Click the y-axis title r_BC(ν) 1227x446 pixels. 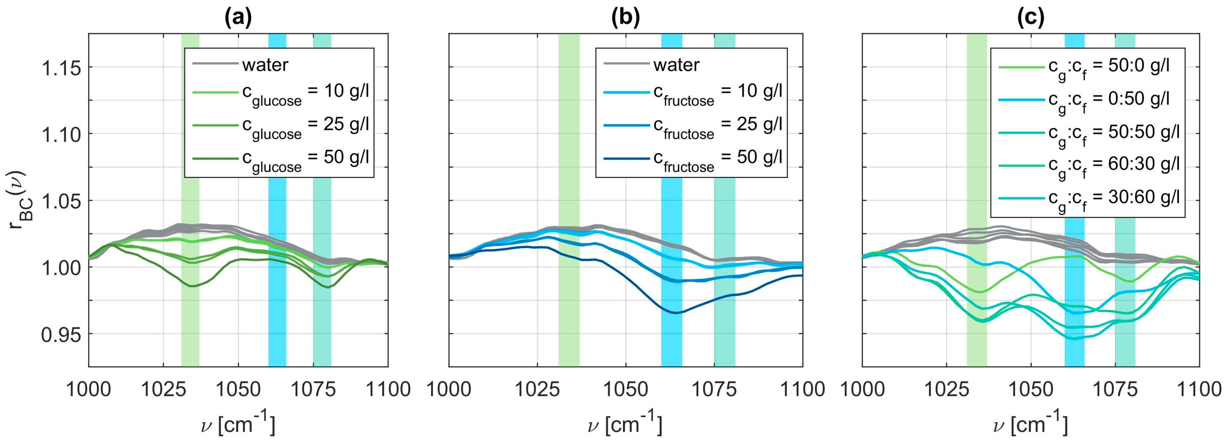tap(21, 200)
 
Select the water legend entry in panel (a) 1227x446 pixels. tap(265, 65)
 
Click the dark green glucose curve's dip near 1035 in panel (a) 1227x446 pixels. tap(192, 286)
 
